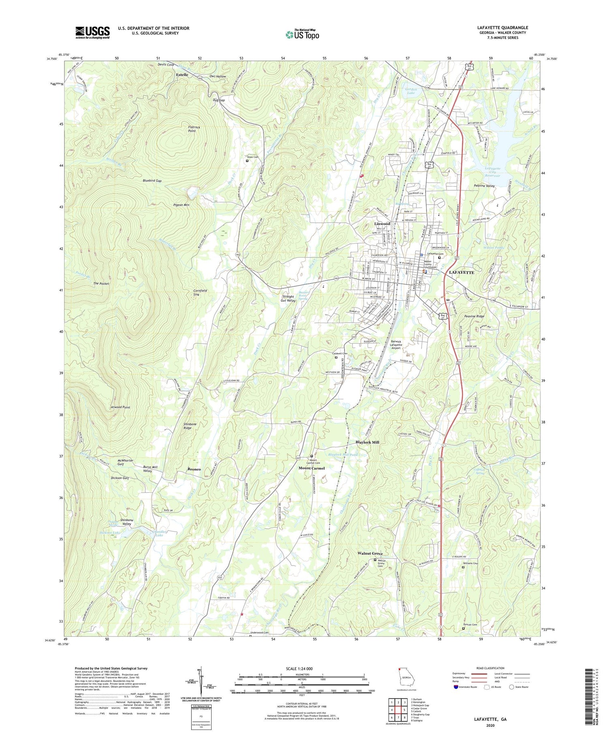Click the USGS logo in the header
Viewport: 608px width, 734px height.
click(x=92, y=32)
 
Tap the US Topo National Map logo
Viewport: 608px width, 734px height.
click(x=302, y=34)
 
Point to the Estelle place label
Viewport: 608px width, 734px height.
click(x=182, y=75)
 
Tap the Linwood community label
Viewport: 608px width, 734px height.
click(x=382, y=223)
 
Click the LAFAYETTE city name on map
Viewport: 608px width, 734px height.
click(x=461, y=272)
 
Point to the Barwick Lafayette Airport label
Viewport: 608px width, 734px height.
click(x=396, y=345)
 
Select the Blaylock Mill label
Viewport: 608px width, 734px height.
click(x=367, y=442)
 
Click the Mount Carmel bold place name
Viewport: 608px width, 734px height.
click(x=312, y=468)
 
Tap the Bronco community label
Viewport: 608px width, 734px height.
click(x=194, y=469)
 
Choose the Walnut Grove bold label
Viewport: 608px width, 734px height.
click(x=370, y=553)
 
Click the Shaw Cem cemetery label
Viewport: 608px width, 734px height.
click(x=253, y=157)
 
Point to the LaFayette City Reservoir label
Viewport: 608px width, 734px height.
click(x=493, y=172)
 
